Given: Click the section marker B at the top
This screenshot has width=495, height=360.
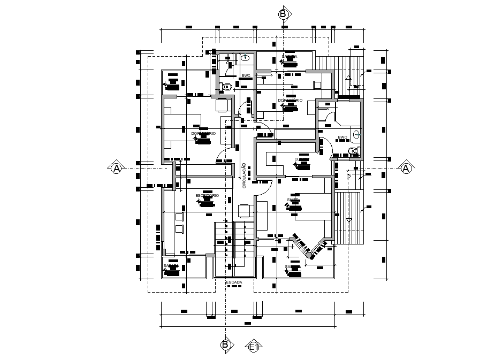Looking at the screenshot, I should (283, 14).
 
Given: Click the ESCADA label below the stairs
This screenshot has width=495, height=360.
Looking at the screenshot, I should (234, 281).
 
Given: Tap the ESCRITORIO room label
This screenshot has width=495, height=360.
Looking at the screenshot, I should (207, 196).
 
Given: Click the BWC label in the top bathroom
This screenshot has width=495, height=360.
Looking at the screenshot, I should (246, 76).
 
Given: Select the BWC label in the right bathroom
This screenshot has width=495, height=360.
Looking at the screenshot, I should (342, 137).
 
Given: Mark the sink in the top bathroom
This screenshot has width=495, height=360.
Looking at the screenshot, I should (246, 57).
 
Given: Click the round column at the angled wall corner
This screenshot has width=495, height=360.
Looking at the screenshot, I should (309, 256).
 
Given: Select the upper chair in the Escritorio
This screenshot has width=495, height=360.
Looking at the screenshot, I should (179, 217).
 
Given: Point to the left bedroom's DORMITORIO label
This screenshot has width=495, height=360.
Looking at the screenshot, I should (203, 133).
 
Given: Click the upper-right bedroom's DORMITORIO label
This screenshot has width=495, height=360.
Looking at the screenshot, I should (290, 101).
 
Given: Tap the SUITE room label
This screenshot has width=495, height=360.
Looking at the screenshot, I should (293, 200).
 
